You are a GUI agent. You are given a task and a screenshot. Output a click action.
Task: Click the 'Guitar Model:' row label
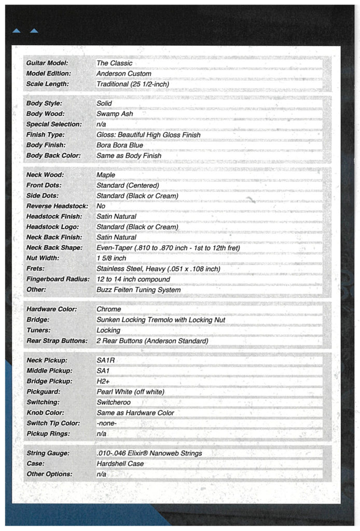click(47, 63)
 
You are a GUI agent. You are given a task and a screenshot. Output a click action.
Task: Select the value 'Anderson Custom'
click(124, 74)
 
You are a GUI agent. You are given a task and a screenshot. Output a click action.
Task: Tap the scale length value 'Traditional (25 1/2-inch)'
click(133, 84)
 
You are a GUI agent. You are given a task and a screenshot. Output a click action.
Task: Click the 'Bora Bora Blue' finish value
click(120, 145)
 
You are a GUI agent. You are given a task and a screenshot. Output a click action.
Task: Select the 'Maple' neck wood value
click(106, 175)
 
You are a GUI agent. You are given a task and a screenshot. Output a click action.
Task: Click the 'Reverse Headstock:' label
click(58, 206)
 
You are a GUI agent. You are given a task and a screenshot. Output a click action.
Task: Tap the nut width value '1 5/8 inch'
click(111, 258)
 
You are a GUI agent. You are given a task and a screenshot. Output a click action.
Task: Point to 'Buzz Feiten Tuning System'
click(139, 289)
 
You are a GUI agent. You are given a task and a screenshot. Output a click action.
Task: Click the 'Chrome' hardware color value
click(109, 310)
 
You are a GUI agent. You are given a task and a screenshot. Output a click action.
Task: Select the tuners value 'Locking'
click(108, 330)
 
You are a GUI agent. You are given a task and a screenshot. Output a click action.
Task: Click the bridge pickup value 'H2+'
click(104, 381)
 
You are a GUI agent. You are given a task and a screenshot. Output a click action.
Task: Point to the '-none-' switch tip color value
click(107, 423)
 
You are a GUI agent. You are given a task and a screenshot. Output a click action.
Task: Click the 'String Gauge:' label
click(47, 454)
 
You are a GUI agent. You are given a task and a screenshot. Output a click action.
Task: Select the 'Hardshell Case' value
click(120, 464)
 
